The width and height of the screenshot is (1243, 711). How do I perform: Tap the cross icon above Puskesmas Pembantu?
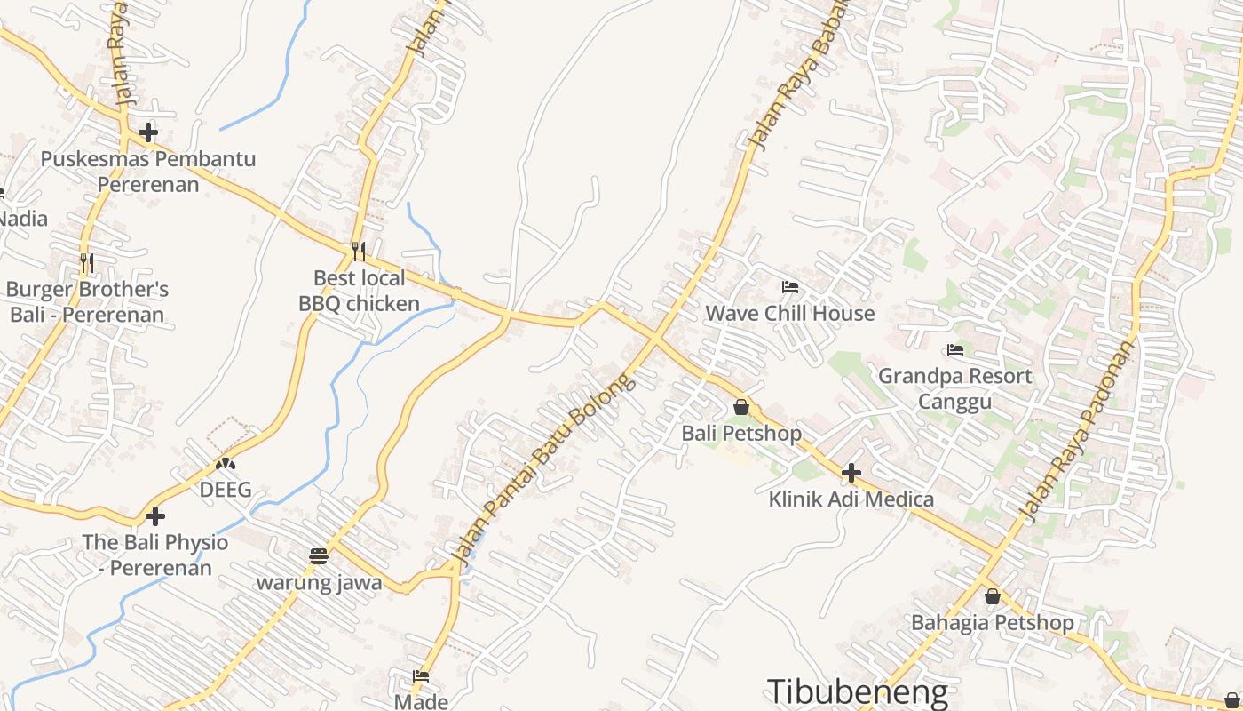pos(148,133)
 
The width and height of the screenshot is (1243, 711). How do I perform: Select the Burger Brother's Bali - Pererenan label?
pos(87,302)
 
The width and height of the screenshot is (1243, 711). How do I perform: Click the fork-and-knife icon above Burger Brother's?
pos(87,263)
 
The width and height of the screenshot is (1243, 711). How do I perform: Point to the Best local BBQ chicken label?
pos(359,291)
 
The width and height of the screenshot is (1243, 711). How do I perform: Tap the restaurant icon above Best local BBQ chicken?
pos(359,252)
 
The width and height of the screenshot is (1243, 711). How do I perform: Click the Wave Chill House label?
pos(789,313)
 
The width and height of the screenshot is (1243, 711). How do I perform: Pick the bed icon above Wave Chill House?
pos(789,286)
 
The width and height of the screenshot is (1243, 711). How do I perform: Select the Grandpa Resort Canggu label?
pos(954,388)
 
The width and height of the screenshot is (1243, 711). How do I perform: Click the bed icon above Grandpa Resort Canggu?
pos(955,350)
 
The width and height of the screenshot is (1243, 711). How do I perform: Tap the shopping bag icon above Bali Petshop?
pos(741,407)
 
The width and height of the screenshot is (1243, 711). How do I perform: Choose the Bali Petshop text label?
pos(741,434)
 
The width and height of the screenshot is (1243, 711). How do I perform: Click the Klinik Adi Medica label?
pos(851,499)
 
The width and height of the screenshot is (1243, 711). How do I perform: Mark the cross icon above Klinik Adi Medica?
pos(851,473)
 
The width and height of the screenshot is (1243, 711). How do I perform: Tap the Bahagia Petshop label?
pos(992,622)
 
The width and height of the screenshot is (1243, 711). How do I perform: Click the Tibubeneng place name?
pos(857,692)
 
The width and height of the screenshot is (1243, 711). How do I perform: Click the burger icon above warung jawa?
pos(319,556)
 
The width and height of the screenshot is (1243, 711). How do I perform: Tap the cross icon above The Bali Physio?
pos(155,515)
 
